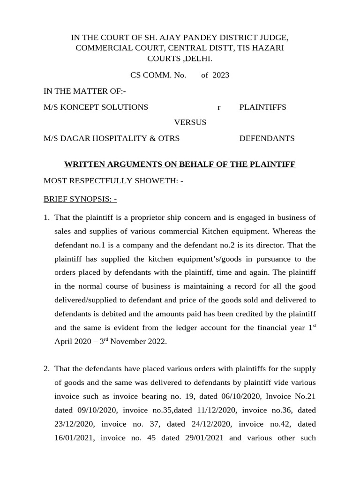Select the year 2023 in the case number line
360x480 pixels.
pos(221,75)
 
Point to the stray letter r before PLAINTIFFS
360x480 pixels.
pos(218,107)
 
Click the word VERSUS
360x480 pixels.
pos(190,122)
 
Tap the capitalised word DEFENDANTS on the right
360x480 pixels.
pos(267,138)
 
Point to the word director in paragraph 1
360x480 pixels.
pos(272,245)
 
